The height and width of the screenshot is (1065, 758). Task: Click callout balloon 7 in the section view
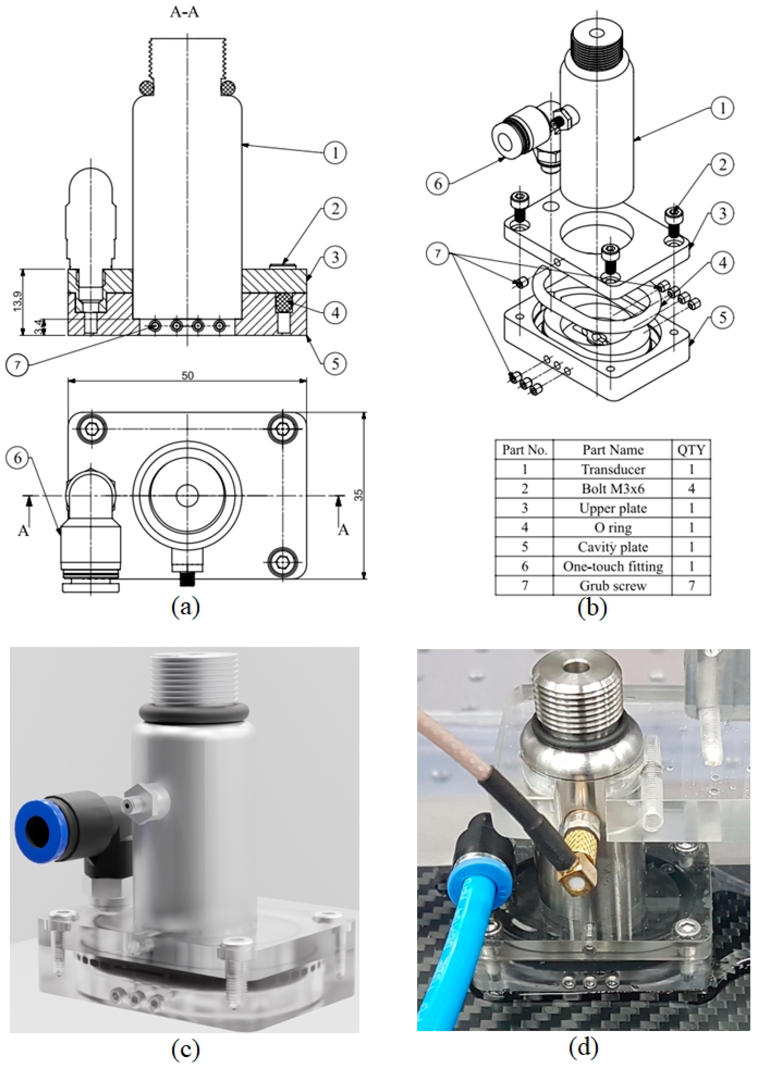pyautogui.click(x=18, y=364)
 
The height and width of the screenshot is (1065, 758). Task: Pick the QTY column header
pyautogui.click(x=691, y=450)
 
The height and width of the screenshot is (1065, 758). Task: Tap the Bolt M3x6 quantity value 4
pyautogui.click(x=691, y=488)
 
